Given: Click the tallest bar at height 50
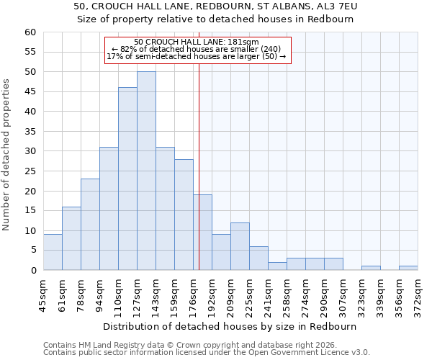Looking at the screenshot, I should point(146,171).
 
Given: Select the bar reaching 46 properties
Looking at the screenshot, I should point(127,179).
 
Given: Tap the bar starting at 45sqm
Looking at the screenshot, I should point(53,252).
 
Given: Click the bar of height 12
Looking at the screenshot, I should point(240,246).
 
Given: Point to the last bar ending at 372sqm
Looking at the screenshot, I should point(408,268).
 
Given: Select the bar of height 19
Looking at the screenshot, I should point(202,233).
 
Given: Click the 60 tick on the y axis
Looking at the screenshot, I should point(30,32).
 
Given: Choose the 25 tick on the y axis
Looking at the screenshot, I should point(30,171).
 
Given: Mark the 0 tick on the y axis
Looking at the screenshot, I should point(33,271).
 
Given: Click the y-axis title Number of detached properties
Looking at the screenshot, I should point(7,155).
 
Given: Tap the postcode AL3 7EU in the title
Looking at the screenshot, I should point(333,6).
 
